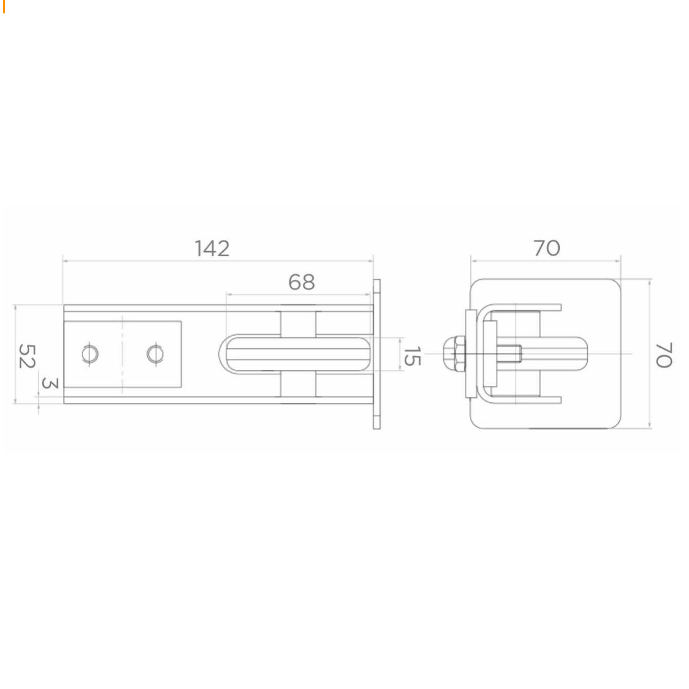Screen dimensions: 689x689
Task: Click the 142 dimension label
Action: click(x=212, y=248)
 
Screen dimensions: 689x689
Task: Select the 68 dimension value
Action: click(x=301, y=282)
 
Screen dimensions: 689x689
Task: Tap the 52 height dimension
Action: click(x=26, y=356)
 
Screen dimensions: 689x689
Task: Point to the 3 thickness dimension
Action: click(x=50, y=384)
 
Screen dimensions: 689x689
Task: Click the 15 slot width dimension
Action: click(x=412, y=356)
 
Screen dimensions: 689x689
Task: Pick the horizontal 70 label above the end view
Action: click(x=546, y=248)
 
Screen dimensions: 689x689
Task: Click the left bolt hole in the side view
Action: click(x=90, y=354)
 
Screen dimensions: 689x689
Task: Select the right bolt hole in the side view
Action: click(x=156, y=354)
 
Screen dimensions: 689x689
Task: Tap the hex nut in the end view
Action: click(x=454, y=353)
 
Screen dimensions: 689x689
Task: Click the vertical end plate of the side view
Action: click(x=377, y=354)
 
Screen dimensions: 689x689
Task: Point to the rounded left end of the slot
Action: click(x=223, y=353)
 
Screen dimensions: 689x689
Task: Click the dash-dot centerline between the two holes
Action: click(x=123, y=354)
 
